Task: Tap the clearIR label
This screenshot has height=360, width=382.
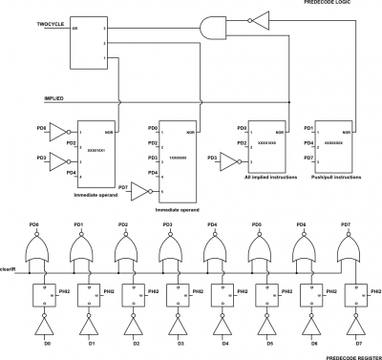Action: [x=10, y=268]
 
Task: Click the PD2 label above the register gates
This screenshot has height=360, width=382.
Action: [x=123, y=224]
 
